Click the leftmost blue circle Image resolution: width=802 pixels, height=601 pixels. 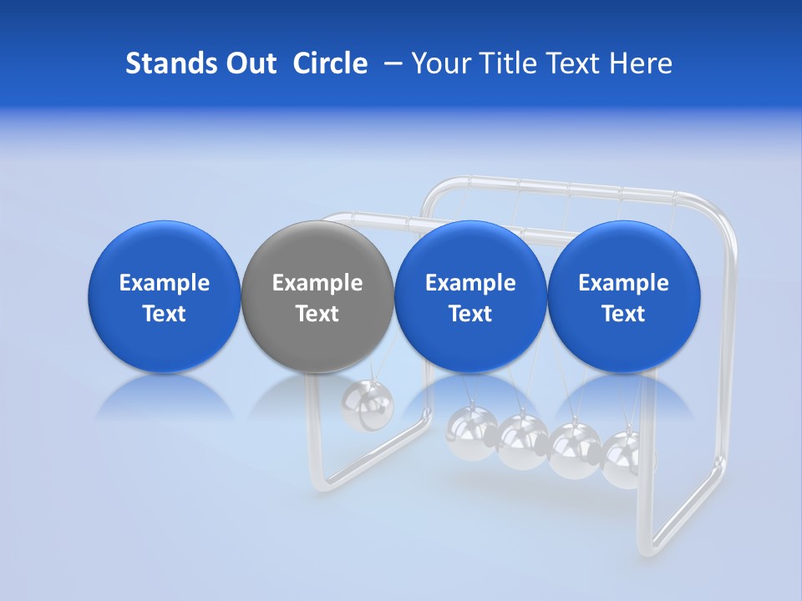[x=164, y=296]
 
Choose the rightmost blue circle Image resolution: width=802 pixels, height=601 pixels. [x=623, y=296]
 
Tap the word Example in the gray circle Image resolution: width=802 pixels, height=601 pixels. [x=317, y=283]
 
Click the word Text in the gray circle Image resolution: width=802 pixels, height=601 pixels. [x=317, y=314]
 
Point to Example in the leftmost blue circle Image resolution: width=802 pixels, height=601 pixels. [x=165, y=283]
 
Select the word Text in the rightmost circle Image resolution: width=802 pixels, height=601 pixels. [x=623, y=314]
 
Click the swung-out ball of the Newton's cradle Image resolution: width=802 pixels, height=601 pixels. [x=368, y=407]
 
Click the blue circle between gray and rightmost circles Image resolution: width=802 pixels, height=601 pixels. [x=470, y=296]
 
